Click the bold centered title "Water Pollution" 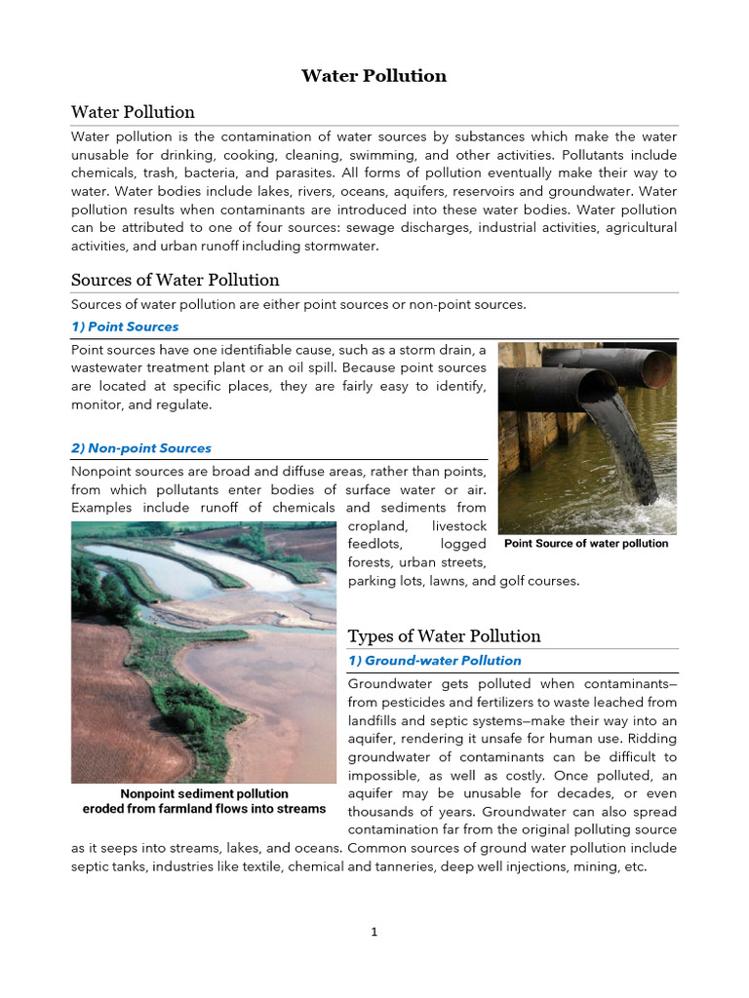[374, 76]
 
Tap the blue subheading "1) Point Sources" [125, 326]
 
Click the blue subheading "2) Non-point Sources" [141, 448]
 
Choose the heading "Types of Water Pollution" [444, 636]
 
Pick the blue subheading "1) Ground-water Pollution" [435, 661]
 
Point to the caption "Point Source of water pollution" [586, 544]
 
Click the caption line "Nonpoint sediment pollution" [204, 794]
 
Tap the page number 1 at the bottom [374, 932]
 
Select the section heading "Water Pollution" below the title [133, 112]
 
